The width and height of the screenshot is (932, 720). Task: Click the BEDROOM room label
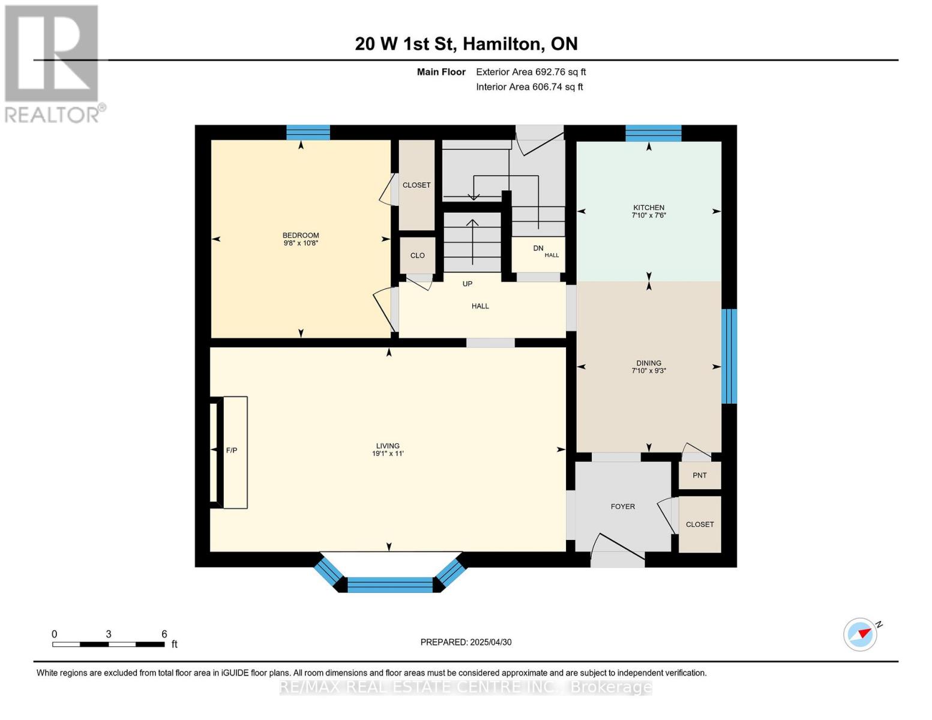coord(301,235)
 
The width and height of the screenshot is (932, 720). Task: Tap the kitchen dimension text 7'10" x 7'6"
coord(649,215)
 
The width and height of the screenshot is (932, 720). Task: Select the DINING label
coord(649,363)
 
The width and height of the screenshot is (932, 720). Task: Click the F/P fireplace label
coord(232,450)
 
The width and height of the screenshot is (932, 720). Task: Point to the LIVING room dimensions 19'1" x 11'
coord(388,454)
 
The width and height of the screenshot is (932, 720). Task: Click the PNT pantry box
coord(700,475)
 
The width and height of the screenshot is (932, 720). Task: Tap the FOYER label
coord(623,506)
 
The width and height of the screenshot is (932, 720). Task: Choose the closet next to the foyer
coord(700,524)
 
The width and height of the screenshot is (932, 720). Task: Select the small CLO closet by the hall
coord(417,255)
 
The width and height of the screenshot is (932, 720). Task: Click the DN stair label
coord(538,248)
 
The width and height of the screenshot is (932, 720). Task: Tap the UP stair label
coord(468,284)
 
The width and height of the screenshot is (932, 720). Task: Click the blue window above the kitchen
coord(653,133)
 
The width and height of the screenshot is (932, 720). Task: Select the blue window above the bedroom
coord(308,132)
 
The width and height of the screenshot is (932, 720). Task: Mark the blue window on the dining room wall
coord(729,356)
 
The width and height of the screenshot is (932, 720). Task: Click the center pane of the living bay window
coord(390,584)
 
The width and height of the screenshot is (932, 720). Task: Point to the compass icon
coord(861,634)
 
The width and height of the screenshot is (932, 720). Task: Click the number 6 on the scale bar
coord(164,634)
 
